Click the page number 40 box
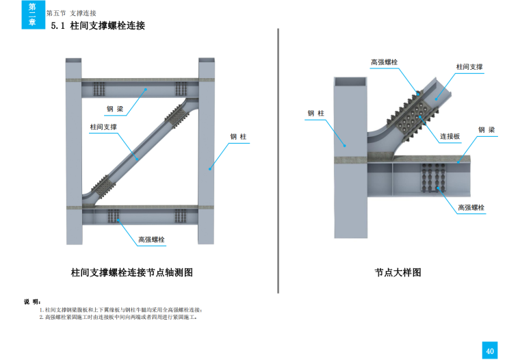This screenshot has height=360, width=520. point(490,350)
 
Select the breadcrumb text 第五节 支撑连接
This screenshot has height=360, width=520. point(71,13)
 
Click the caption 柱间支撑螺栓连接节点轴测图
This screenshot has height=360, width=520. point(132,272)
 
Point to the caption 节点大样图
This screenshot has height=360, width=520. point(398,272)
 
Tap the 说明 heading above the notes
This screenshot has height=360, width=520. point(33,302)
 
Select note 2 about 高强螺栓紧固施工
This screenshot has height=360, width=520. point(118,318)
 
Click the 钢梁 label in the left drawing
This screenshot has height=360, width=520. point(115,109)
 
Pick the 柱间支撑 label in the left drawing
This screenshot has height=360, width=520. point(103,127)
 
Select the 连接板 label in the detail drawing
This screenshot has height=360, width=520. point(450,136)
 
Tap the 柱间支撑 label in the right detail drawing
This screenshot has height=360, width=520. point(469,67)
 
